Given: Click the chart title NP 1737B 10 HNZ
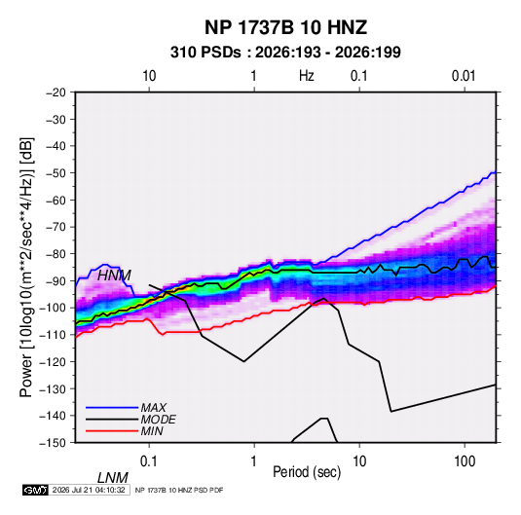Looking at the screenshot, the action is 285,27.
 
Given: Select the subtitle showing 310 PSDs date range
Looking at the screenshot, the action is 285,53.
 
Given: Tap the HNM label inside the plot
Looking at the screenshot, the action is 114,276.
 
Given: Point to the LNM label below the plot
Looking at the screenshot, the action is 112,478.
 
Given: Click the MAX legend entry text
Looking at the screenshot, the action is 153,408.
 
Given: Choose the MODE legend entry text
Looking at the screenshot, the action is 158,420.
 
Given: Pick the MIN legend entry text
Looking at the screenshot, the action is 152,431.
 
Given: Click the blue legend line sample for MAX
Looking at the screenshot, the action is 112,408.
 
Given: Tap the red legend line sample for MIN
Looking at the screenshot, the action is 112,431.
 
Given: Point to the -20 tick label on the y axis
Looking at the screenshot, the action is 56,92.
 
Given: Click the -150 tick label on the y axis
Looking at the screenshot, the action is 53,443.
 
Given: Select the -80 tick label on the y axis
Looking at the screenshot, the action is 56,254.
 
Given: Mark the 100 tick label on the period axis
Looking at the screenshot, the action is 465,461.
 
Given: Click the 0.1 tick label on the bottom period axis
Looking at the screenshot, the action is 149,461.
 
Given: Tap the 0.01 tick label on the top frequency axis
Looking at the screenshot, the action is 464,76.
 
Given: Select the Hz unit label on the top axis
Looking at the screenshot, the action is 307,76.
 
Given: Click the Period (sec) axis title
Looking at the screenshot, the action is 307,472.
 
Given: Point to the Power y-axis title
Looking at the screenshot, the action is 27,268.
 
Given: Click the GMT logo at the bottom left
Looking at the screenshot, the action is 36,490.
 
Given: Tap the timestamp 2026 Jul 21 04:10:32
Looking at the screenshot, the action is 89,490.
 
